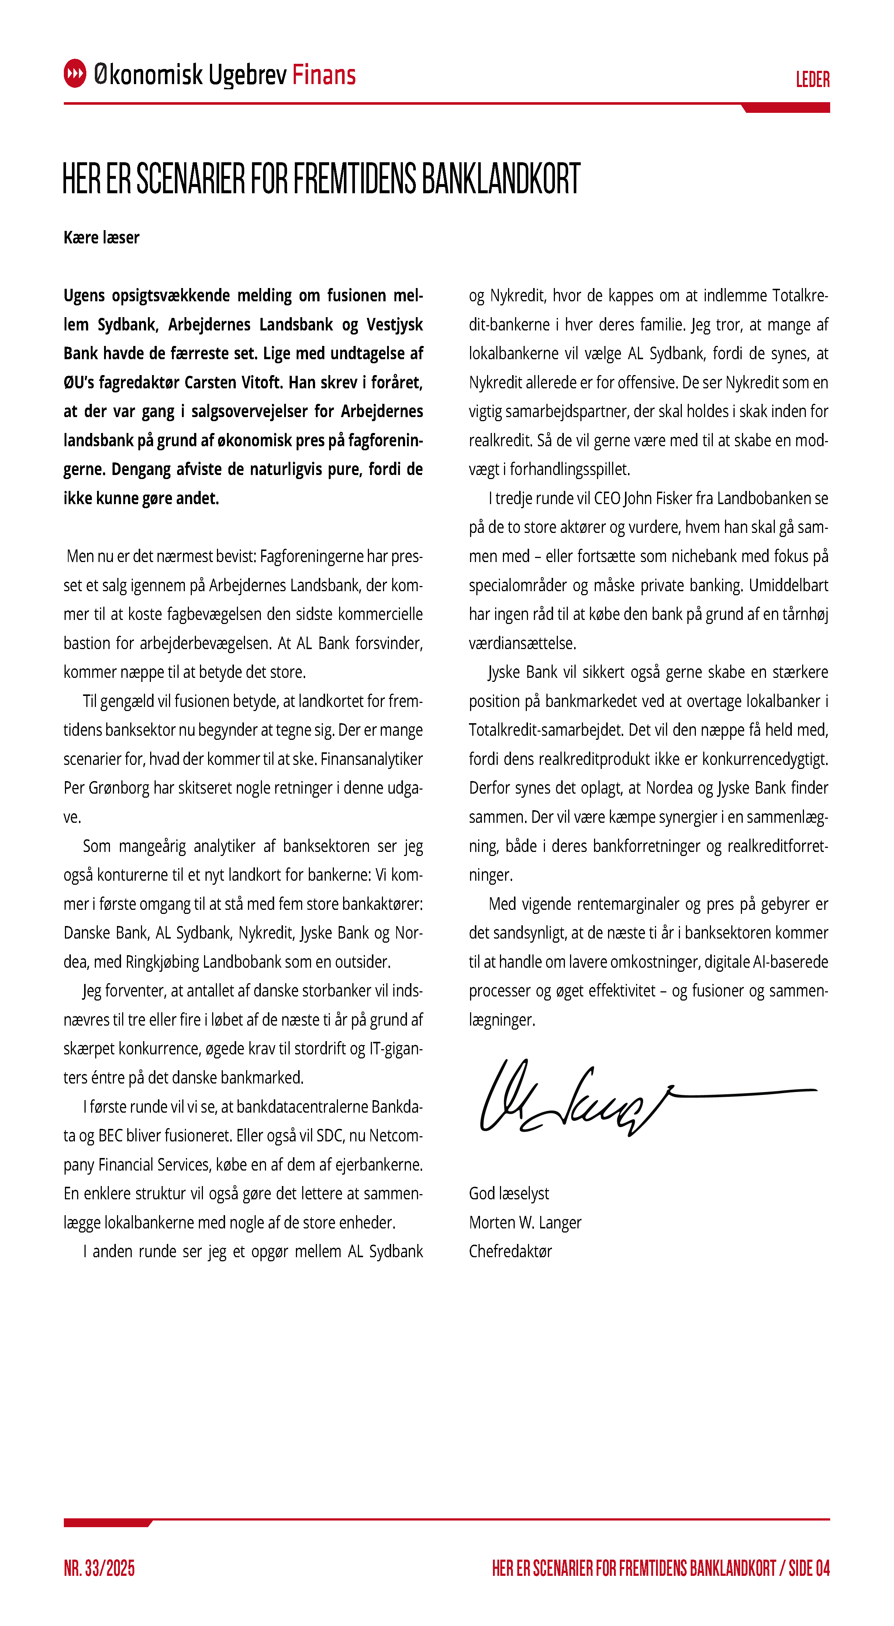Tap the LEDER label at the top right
(x=812, y=80)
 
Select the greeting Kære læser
(x=101, y=238)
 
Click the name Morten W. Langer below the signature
(x=525, y=1223)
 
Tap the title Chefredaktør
(x=510, y=1252)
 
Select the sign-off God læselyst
(x=509, y=1194)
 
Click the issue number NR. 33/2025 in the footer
(x=99, y=1568)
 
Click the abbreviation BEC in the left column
(x=110, y=1136)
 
